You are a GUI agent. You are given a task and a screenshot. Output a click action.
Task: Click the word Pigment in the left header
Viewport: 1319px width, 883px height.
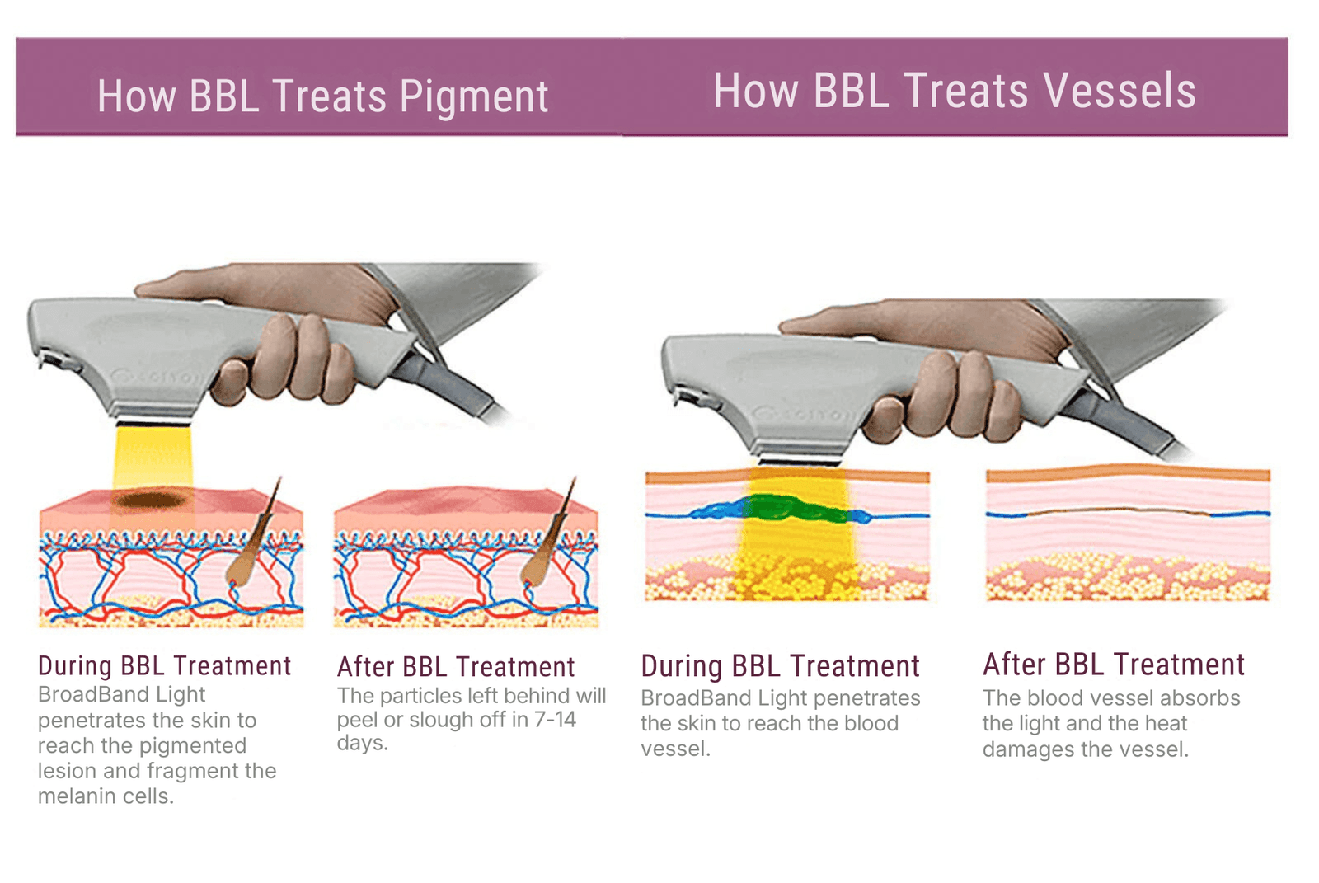[473, 97]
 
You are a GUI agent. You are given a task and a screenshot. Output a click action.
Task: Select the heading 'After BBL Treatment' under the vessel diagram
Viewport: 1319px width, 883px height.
[1113, 665]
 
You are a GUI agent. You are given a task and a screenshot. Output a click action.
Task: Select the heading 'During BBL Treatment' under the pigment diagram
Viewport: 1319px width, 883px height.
[164, 666]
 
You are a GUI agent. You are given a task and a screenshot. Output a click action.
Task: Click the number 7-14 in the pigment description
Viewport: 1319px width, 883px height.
[555, 720]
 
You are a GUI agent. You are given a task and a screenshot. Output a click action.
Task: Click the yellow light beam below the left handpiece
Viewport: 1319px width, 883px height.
[153, 458]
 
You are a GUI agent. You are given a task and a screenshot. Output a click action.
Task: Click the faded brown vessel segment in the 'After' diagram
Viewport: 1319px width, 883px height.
[1120, 511]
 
